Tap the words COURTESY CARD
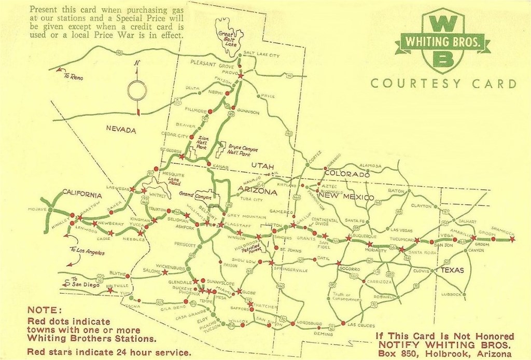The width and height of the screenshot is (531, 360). click(x=444, y=84)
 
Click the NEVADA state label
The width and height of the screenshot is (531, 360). click(x=121, y=130)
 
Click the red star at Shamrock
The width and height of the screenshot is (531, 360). click(x=512, y=239)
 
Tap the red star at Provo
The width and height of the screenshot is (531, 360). click(x=241, y=76)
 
